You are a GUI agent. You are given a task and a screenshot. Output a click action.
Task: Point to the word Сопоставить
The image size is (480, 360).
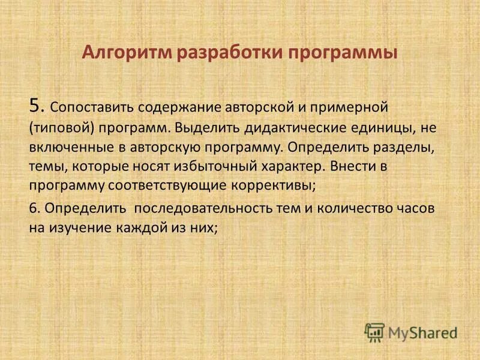90,107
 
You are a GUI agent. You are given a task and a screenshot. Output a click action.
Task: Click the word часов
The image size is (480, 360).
415,209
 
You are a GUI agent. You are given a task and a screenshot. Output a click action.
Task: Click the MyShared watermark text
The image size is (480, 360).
421,332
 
